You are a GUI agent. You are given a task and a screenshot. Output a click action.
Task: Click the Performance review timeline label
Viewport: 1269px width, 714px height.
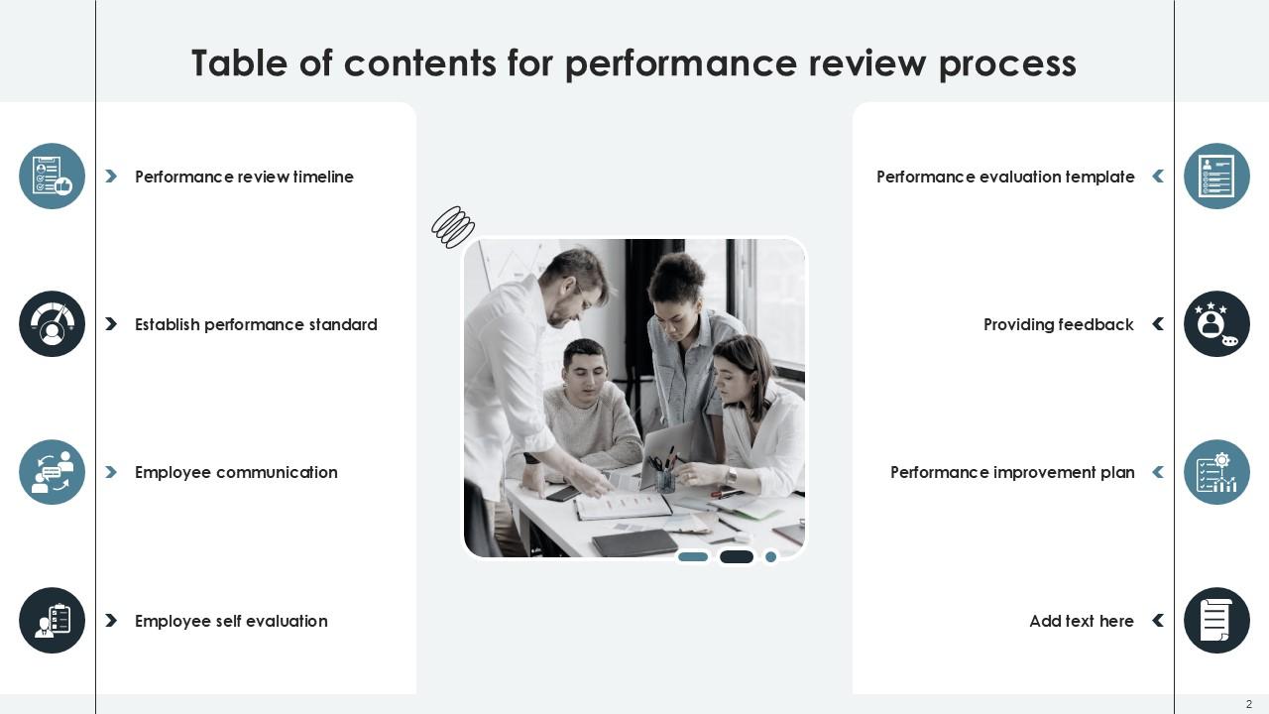(x=244, y=177)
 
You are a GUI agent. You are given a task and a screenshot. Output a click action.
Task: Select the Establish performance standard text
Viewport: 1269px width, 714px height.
(x=256, y=324)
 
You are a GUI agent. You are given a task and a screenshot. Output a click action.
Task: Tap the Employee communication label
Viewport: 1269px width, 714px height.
(x=236, y=472)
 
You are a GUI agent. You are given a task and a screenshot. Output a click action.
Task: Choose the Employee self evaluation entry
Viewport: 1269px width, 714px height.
(x=231, y=621)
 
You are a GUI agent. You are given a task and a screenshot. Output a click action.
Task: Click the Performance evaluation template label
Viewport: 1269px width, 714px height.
(x=1005, y=177)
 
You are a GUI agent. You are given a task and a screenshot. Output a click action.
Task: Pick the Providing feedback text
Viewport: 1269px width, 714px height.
(x=1058, y=324)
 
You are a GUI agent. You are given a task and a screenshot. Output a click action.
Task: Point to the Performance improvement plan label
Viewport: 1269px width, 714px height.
(x=1012, y=472)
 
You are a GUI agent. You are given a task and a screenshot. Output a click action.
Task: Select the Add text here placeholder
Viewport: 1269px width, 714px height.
(x=1081, y=621)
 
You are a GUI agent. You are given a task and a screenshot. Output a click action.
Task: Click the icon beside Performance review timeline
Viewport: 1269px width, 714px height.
(x=53, y=177)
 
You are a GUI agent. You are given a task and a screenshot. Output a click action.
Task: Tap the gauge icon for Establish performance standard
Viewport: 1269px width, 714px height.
(x=53, y=324)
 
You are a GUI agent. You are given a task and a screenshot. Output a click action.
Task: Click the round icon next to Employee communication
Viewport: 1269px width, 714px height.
(x=53, y=472)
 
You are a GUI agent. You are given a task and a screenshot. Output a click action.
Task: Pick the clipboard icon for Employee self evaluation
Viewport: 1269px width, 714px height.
(x=53, y=621)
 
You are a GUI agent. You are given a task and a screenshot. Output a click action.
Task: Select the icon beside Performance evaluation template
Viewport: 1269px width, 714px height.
(x=1216, y=177)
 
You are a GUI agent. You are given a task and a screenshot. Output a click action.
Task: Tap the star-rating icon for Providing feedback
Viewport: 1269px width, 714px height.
(x=1216, y=324)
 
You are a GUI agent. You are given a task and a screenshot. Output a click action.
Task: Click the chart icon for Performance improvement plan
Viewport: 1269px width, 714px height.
(x=1216, y=472)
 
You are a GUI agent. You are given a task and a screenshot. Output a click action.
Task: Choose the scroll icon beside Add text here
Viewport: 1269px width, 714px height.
(x=1216, y=621)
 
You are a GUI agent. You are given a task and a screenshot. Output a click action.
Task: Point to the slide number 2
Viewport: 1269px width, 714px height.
(x=1249, y=704)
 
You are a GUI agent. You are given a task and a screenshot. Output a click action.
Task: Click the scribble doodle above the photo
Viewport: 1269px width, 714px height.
(x=453, y=227)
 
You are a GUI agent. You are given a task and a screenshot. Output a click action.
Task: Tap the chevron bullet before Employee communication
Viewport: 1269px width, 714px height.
(x=111, y=472)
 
